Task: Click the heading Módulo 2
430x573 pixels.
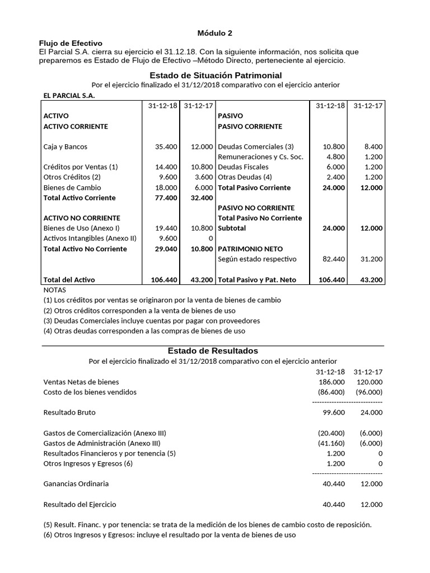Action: (x=216, y=34)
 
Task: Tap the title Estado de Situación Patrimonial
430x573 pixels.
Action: (x=216, y=75)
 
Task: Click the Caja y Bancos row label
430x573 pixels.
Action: (x=65, y=147)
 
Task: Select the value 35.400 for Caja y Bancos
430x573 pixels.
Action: (x=166, y=147)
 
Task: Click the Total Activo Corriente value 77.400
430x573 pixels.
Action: (x=166, y=198)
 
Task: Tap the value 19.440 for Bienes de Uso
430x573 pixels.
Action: (x=166, y=228)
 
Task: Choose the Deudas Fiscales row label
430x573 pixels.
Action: (x=243, y=167)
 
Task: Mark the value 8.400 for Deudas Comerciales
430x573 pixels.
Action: (x=372, y=147)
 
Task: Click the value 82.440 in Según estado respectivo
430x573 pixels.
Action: (x=334, y=259)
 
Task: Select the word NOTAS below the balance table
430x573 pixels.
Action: (x=54, y=290)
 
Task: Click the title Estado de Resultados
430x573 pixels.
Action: (x=213, y=351)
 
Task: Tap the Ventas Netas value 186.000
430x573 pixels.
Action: (x=334, y=382)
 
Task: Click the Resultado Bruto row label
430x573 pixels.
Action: (x=69, y=412)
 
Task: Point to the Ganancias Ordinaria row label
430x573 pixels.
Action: (x=76, y=483)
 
